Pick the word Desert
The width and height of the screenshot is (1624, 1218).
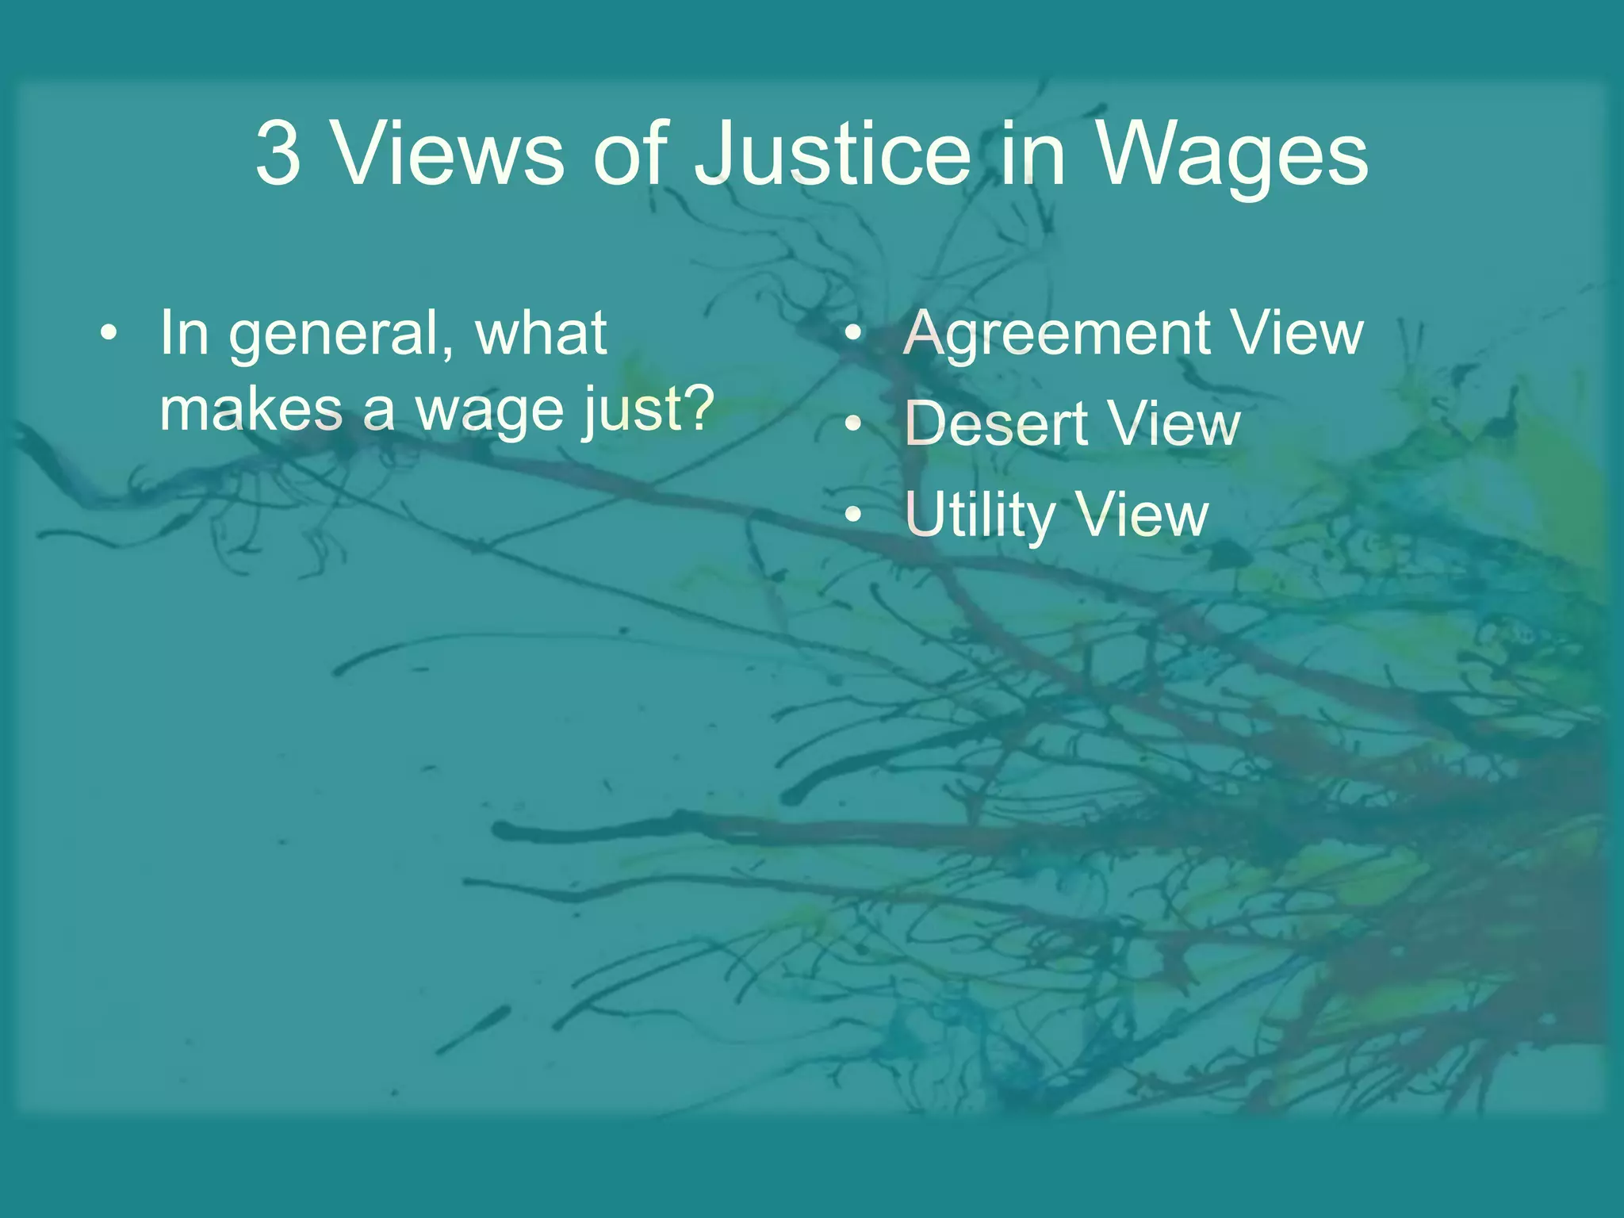[996, 424]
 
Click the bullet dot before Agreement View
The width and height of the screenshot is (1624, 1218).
[852, 333]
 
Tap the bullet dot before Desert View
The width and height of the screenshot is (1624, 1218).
[852, 424]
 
